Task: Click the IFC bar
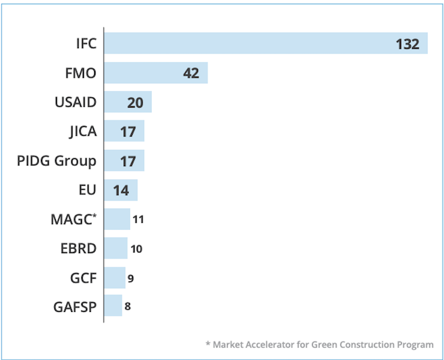pyautogui.click(x=265, y=44)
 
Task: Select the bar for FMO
pyautogui.click(x=156, y=73)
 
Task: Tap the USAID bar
pyautogui.click(x=127, y=102)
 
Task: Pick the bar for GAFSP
pyautogui.click(x=113, y=306)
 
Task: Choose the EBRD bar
pyautogui.click(x=115, y=248)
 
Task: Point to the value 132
pyautogui.click(x=407, y=44)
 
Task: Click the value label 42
pyautogui.click(x=191, y=74)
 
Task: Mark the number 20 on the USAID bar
pyautogui.click(x=135, y=103)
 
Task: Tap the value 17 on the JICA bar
pyautogui.click(x=128, y=132)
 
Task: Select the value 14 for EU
pyautogui.click(x=120, y=190)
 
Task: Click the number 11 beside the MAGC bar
pyautogui.click(x=138, y=220)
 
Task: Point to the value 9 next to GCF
pyautogui.click(x=131, y=278)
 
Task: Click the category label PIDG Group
pyautogui.click(x=56, y=161)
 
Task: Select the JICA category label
pyautogui.click(x=82, y=132)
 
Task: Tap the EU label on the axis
pyautogui.click(x=86, y=190)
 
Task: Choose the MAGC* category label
pyautogui.click(x=74, y=219)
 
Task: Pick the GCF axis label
pyautogui.click(x=83, y=277)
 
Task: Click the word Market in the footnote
pyautogui.click(x=229, y=345)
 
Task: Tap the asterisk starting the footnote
pyautogui.click(x=208, y=344)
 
